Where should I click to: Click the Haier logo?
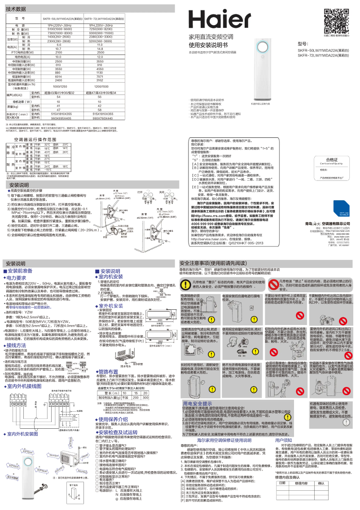pyautogui.click(x=225, y=20)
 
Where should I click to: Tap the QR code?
pyautogui.click(x=334, y=18)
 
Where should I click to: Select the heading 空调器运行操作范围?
pyautogui.click(x=34, y=140)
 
